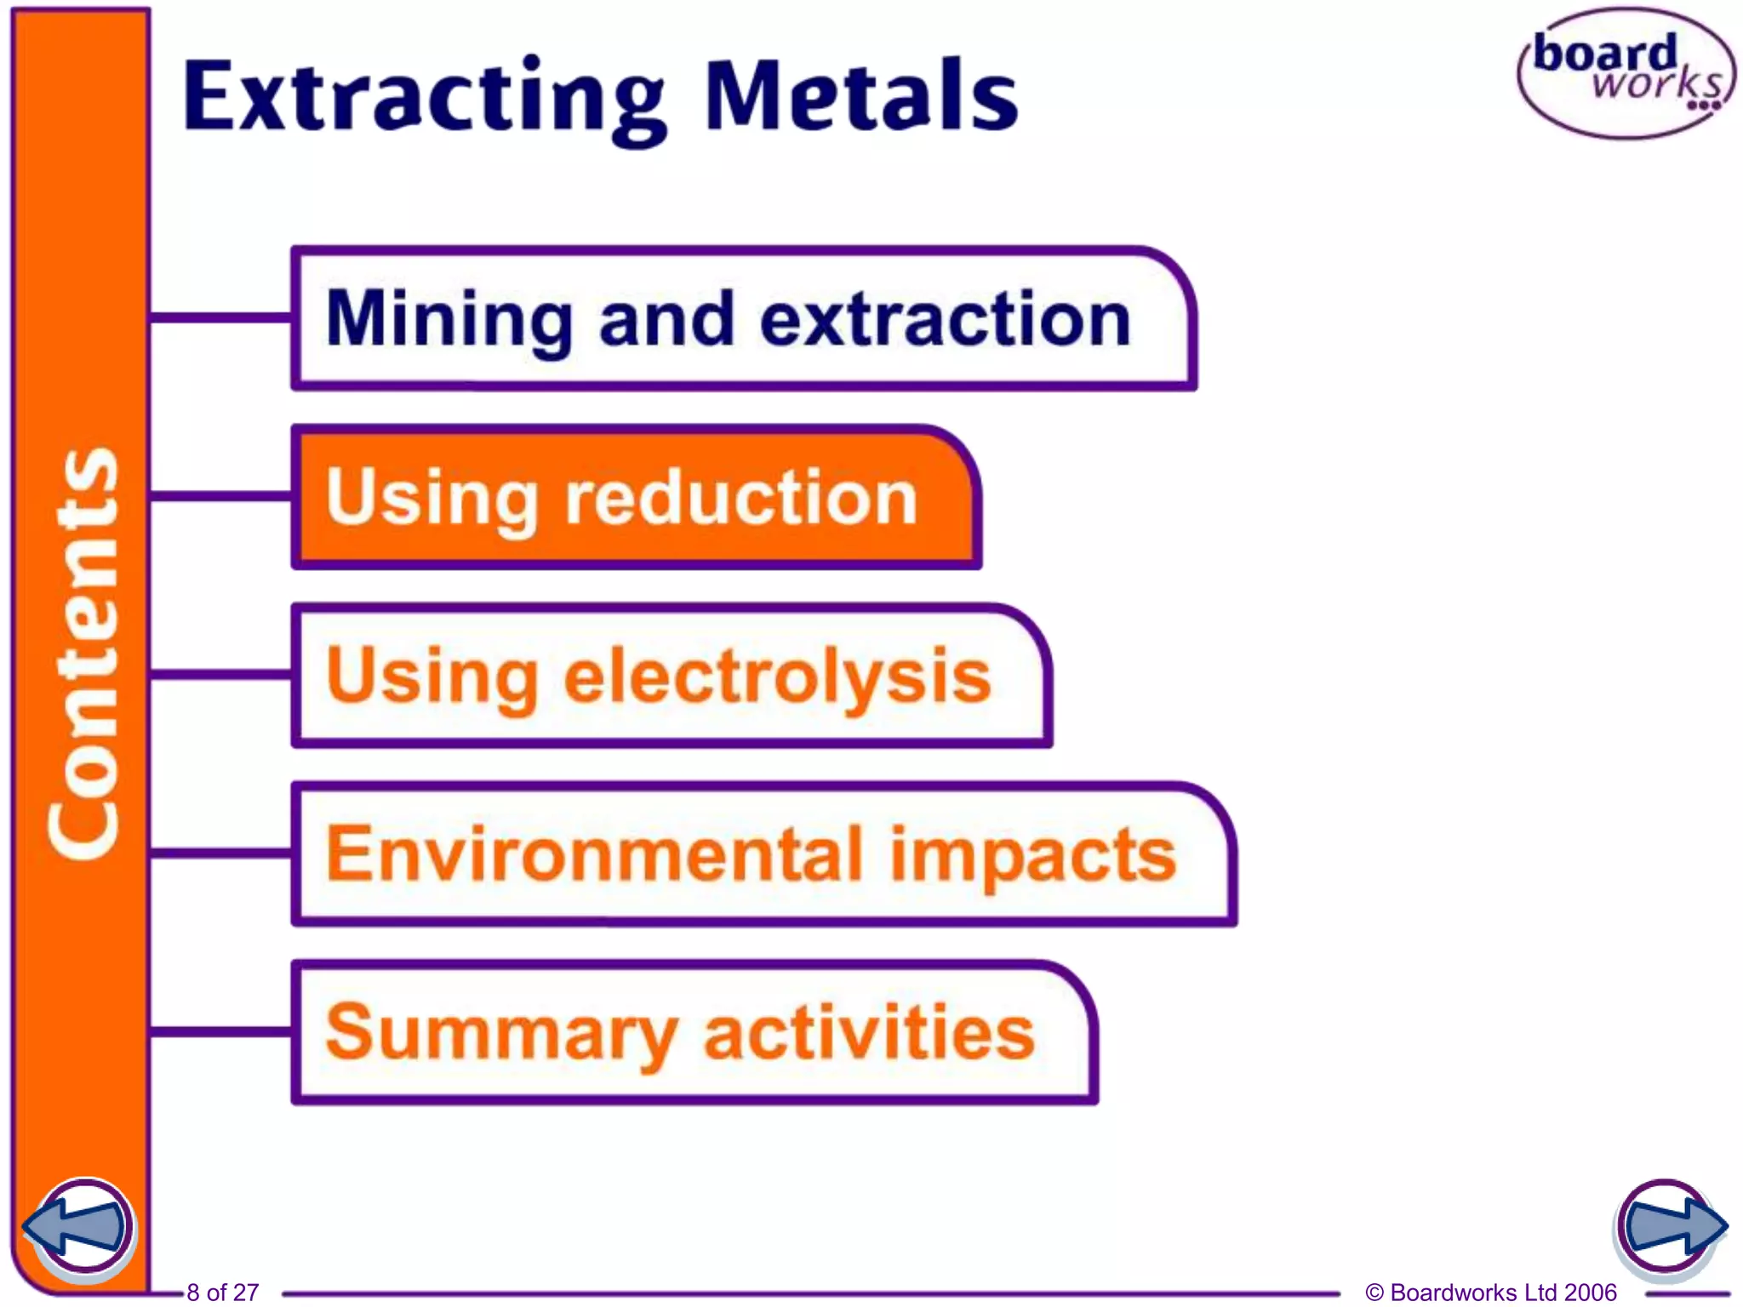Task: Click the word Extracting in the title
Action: tap(423, 95)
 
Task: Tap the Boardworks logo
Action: tap(1626, 73)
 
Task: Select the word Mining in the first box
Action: tap(449, 321)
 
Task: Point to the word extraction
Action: tap(945, 319)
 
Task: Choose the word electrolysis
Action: tap(778, 676)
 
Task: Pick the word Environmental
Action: tap(595, 854)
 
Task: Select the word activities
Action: tap(869, 1032)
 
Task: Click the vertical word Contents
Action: tap(83, 653)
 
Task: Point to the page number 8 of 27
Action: tap(222, 1293)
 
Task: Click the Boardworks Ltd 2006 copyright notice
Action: tap(1490, 1293)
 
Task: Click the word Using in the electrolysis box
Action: tap(432, 676)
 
